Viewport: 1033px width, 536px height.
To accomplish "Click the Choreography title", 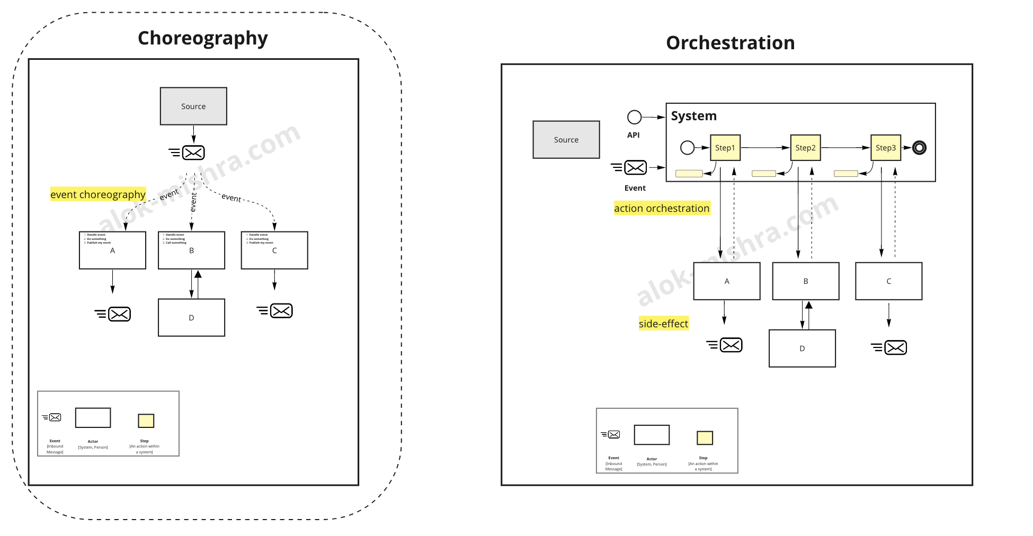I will [202, 38].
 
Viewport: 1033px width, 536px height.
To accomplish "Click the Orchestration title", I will [730, 43].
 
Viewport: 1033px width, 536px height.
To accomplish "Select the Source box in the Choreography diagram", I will [193, 106].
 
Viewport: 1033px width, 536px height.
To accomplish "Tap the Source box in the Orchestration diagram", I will [566, 140].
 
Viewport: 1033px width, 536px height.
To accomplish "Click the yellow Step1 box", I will [725, 148].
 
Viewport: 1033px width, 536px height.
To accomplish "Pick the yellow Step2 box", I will [805, 148].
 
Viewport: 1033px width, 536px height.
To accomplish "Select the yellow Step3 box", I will [885, 148].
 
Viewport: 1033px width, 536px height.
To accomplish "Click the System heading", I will [693, 116].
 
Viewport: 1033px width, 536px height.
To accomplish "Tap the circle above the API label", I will [634, 117].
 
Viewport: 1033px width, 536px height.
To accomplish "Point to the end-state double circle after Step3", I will [919, 148].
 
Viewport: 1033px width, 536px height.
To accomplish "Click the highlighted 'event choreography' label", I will [98, 194].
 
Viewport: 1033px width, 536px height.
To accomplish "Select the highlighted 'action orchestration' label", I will [662, 208].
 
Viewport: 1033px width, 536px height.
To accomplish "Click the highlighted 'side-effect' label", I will [663, 324].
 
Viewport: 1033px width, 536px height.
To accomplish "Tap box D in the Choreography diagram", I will [191, 318].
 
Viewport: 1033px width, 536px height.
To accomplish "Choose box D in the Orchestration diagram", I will [802, 349].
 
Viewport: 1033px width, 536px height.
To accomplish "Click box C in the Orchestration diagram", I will [888, 281].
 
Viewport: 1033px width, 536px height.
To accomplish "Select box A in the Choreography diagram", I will [112, 251].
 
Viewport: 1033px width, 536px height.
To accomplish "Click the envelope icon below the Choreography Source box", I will [193, 153].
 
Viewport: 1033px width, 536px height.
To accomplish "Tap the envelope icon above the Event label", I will [635, 168].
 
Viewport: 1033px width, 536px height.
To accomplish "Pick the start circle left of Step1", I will [687, 148].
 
